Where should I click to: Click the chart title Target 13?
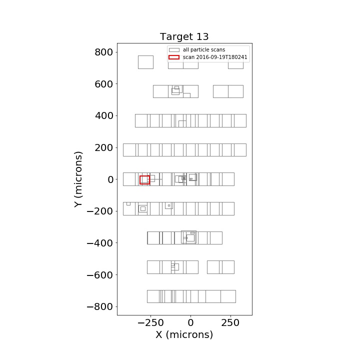(184, 36)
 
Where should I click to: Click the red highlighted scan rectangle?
(140, 180)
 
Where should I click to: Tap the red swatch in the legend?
(174, 57)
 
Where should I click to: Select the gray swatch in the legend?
(174, 50)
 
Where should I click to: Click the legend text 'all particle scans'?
(204, 50)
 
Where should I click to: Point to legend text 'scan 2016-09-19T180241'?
(215, 57)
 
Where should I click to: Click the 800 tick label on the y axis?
(104, 52)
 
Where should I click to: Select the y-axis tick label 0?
(110, 179)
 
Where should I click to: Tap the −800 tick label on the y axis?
(100, 306)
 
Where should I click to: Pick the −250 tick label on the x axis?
(150, 323)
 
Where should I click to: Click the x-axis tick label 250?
(230, 323)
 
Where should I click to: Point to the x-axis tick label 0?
(190, 323)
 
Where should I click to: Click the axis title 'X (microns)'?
(184, 334)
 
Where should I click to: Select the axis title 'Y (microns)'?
(78, 179)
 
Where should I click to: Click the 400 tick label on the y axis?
(104, 116)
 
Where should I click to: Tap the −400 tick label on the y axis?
(100, 243)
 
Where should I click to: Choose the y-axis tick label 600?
(104, 84)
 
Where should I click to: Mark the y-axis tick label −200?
(100, 211)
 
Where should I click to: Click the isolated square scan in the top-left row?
(138, 62)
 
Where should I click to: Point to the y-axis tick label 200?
(104, 148)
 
